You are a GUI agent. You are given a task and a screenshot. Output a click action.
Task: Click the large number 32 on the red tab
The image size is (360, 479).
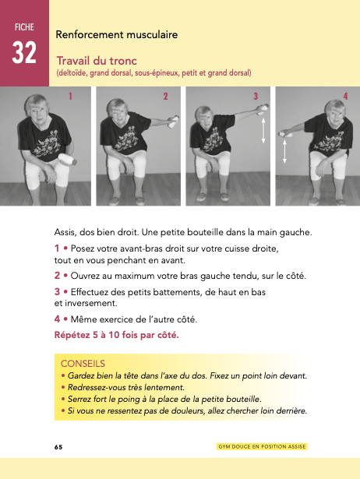(24, 52)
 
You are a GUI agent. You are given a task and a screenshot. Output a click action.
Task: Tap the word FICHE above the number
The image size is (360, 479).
(24, 27)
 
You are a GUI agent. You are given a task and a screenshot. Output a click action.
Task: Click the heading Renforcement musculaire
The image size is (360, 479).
(116, 34)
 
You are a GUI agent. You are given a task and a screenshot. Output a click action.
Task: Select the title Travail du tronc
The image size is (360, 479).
(97, 61)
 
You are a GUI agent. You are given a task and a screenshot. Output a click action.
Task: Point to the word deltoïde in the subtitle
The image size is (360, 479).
(71, 73)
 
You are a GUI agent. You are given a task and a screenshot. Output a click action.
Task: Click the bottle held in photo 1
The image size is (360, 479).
(67, 159)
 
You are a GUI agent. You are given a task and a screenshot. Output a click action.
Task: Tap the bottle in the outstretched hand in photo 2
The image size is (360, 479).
(173, 122)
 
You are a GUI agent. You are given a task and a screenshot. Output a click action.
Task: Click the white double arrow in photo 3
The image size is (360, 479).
(263, 131)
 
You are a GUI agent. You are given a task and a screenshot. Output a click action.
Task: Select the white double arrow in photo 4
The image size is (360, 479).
(284, 151)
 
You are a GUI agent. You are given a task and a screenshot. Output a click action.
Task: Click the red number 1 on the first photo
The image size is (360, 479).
(70, 97)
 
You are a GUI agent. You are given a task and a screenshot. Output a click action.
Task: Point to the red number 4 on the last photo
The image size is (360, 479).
(345, 97)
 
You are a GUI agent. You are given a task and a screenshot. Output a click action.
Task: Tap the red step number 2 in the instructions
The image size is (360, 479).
(57, 276)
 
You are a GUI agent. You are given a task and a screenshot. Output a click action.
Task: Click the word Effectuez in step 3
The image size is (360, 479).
(88, 292)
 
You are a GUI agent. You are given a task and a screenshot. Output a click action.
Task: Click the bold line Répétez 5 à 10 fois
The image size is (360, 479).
(116, 335)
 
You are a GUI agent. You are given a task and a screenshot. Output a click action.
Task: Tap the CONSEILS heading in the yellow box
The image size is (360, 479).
(83, 364)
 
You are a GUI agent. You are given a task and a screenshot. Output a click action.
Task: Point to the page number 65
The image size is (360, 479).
(58, 447)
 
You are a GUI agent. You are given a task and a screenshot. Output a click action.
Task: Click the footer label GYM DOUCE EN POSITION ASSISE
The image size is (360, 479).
(262, 446)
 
